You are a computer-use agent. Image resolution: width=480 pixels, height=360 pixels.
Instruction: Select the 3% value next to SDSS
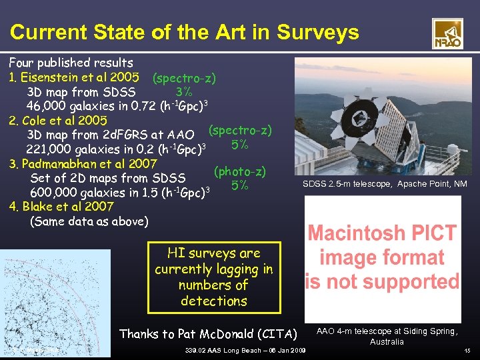coord(184,91)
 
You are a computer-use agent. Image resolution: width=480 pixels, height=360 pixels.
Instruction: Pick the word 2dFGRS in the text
coord(115,135)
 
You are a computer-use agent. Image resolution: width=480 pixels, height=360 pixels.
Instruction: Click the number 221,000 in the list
coord(50,149)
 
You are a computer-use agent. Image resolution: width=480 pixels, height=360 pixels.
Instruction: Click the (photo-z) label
coord(239,171)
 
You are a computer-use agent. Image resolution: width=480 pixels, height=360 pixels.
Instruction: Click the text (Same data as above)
coord(89,221)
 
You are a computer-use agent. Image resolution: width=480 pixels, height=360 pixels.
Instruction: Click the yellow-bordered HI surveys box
coord(214,277)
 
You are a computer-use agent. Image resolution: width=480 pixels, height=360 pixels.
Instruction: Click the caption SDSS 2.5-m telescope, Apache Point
coord(384,184)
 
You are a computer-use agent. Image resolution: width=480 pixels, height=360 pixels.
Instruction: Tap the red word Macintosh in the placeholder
coord(382,234)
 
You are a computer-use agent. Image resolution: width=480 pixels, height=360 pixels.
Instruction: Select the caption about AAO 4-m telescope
coord(387,336)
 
